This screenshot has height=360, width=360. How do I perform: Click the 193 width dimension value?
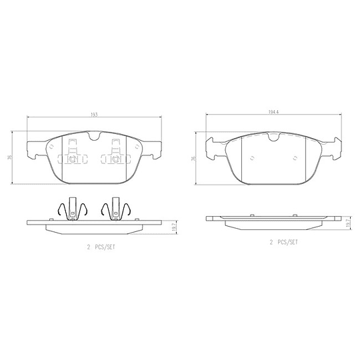(x=94, y=115)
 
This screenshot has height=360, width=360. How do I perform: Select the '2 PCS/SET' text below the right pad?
(x=283, y=243)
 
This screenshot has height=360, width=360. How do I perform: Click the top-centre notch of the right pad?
(x=273, y=137)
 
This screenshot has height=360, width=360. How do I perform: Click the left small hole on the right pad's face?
(x=251, y=159)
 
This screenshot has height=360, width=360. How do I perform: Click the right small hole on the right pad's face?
(x=294, y=159)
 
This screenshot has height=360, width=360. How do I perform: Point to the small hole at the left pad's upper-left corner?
(x=51, y=147)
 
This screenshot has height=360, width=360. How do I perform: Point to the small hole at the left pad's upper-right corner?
(x=136, y=147)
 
